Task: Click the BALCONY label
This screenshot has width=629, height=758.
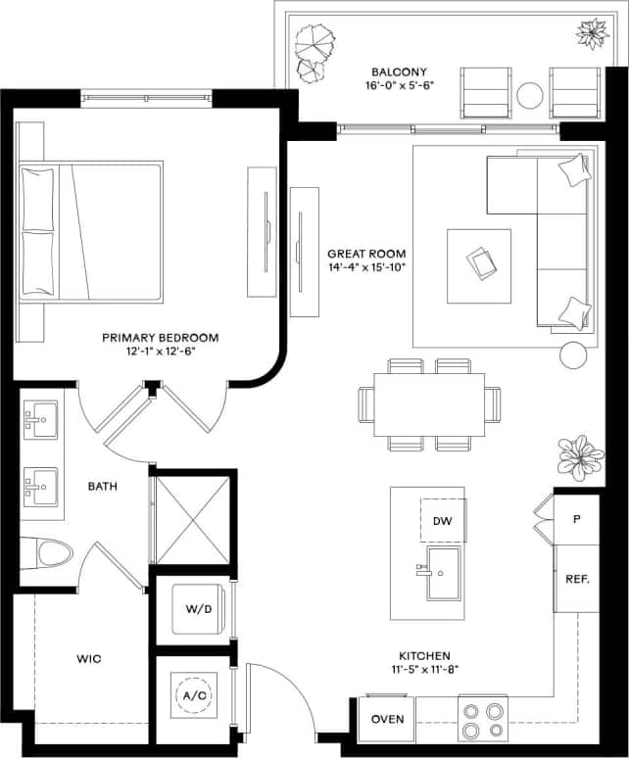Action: click(397, 71)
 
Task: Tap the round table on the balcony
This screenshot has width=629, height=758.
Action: click(530, 94)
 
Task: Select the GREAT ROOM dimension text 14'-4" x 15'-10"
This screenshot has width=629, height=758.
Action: click(366, 266)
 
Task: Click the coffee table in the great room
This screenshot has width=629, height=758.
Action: click(479, 266)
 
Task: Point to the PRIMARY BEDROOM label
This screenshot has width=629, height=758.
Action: click(161, 338)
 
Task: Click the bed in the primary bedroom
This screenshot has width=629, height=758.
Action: click(91, 231)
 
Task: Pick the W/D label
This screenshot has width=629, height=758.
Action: click(199, 609)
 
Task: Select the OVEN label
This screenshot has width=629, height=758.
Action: click(387, 720)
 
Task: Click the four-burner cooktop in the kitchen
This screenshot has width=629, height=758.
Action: click(482, 720)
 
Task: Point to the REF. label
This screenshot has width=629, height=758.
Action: click(577, 579)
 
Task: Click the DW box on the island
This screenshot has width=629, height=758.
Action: click(443, 520)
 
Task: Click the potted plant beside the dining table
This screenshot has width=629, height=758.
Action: click(579, 457)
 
